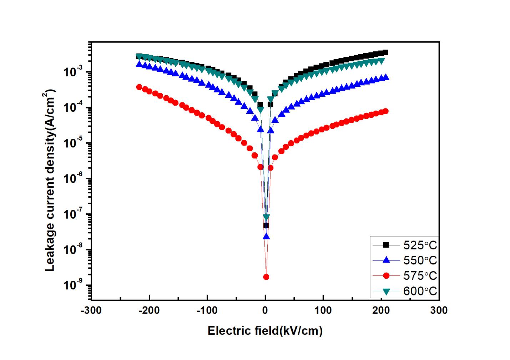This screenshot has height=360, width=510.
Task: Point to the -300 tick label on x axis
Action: tap(91, 310)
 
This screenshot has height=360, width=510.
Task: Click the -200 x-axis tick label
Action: tap(149, 310)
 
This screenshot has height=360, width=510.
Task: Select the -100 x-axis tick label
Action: tap(207, 310)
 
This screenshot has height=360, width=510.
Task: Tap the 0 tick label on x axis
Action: tap(265, 310)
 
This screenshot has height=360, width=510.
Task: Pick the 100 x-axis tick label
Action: tap(323, 310)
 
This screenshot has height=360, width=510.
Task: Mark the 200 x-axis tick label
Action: tap(381, 310)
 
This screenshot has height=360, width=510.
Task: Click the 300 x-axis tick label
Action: tap(439, 310)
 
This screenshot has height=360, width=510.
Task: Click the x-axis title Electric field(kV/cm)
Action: tap(265, 331)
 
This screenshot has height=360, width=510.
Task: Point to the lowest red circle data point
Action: tap(266, 277)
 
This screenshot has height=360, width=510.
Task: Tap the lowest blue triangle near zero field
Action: tap(266, 236)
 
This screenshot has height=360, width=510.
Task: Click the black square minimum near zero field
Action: tap(266, 225)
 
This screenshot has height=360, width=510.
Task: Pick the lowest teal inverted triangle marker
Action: tap(266, 217)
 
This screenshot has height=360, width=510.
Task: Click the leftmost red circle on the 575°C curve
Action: tap(139, 87)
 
